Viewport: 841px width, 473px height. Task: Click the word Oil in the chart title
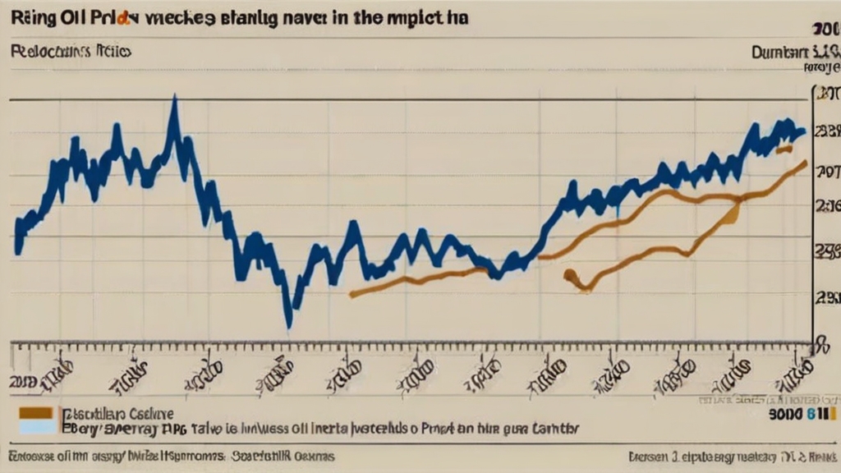(x=57, y=17)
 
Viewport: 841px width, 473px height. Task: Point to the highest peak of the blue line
(x=173, y=100)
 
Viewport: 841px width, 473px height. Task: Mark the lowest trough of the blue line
(x=288, y=324)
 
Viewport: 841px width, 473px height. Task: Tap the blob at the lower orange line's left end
(x=570, y=276)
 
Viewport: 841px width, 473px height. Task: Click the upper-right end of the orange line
(x=804, y=163)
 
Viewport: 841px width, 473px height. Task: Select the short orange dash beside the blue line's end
(x=784, y=149)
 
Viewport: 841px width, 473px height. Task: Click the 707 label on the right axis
(x=825, y=172)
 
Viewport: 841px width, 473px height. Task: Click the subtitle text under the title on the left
(x=72, y=51)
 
